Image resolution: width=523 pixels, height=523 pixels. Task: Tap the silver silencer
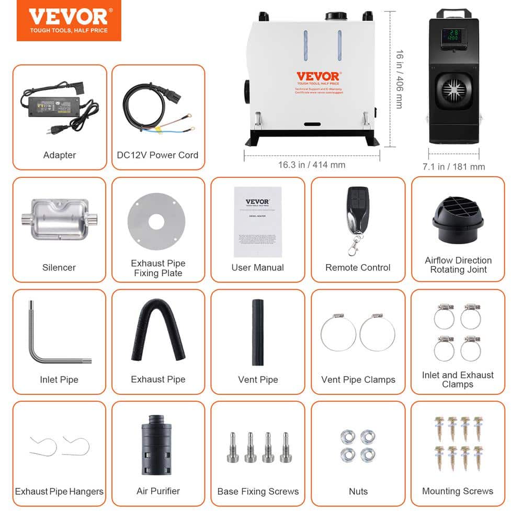click(59, 219)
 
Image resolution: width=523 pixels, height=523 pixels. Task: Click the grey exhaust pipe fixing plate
click(156, 222)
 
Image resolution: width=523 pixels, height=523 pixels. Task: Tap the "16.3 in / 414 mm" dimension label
click(312, 165)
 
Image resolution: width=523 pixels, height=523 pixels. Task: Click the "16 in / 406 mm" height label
click(399, 79)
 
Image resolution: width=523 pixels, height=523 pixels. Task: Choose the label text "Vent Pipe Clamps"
click(358, 380)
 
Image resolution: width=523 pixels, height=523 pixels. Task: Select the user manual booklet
click(257, 221)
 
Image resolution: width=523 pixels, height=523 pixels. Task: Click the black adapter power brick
click(58, 107)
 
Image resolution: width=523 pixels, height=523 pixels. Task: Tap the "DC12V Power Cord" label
click(158, 155)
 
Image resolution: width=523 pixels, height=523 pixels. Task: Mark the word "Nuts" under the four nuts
click(358, 491)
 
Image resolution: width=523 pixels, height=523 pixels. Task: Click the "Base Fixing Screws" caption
click(258, 491)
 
